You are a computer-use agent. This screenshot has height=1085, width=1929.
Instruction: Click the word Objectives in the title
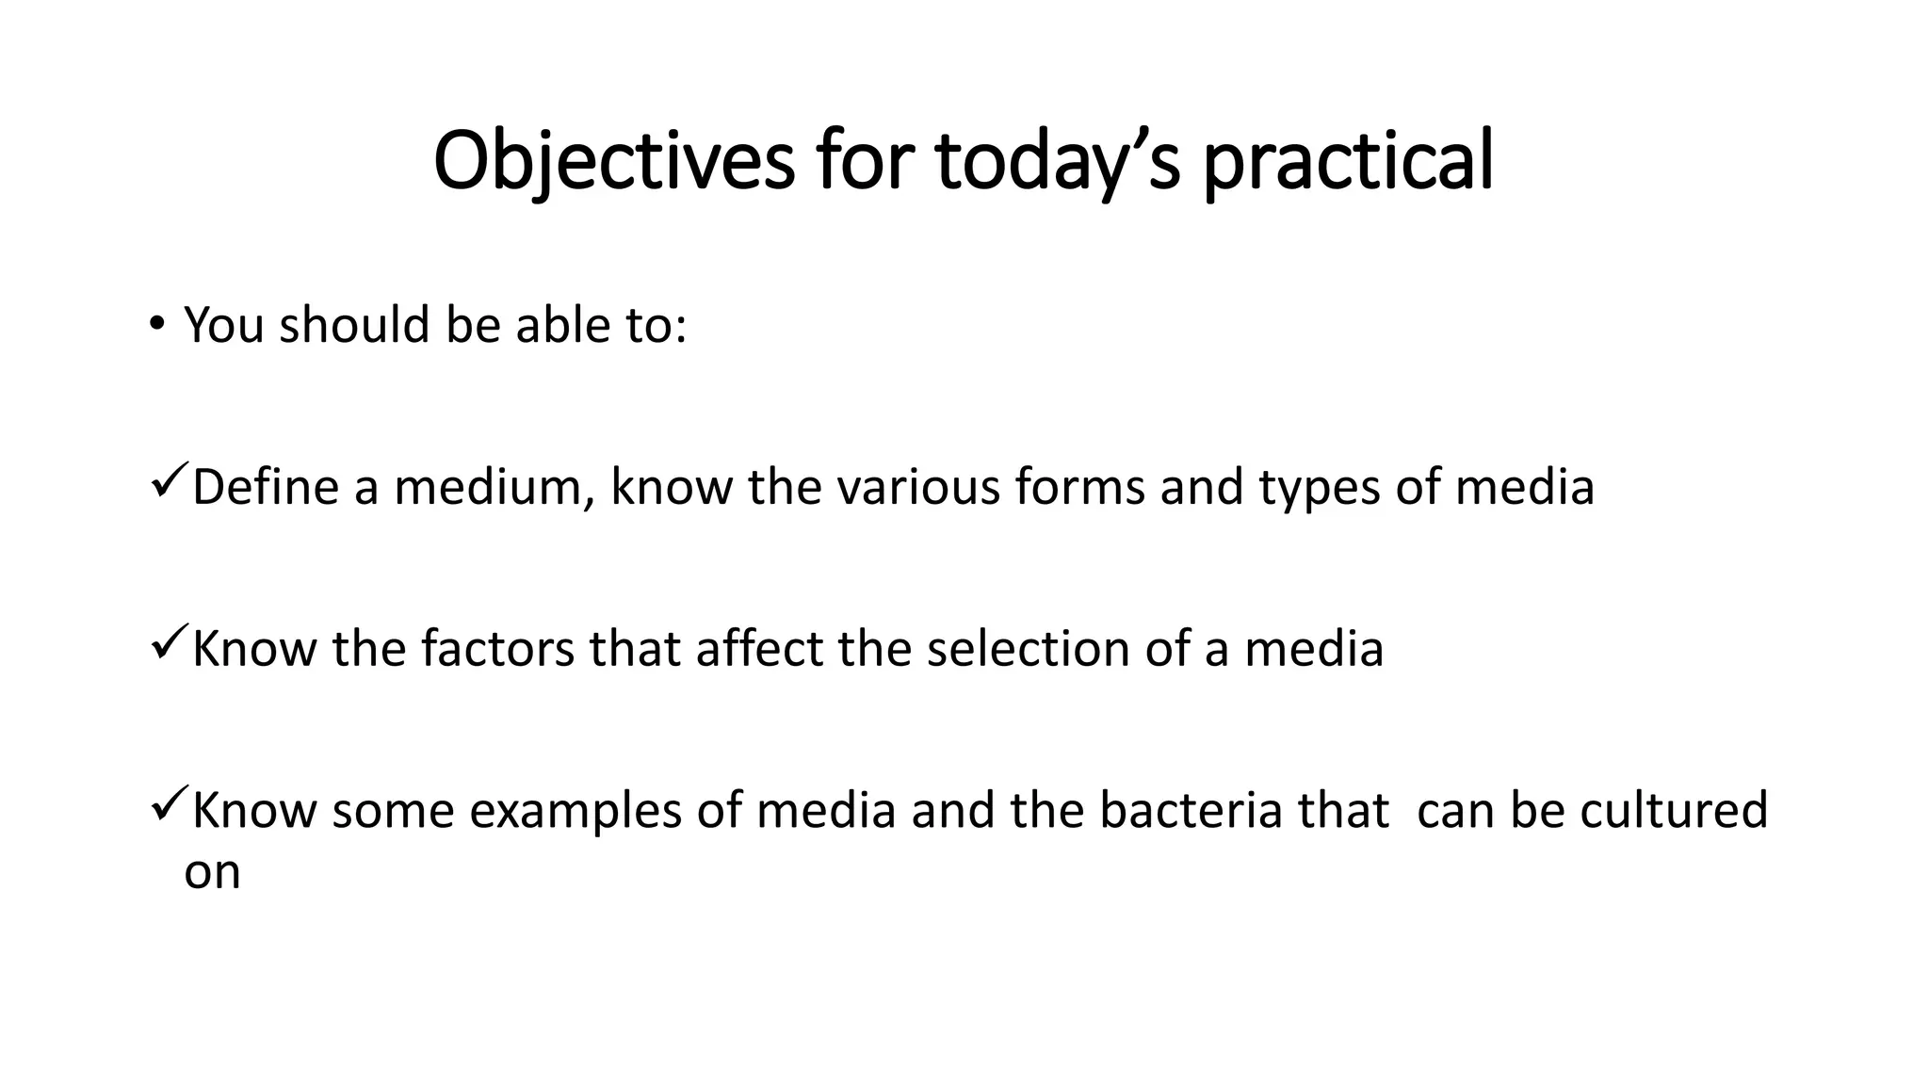tap(613, 161)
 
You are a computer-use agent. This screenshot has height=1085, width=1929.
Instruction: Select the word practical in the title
tap(1348, 161)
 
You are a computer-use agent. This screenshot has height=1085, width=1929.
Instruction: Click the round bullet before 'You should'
tap(156, 324)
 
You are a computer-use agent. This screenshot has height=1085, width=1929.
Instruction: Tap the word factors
tap(496, 650)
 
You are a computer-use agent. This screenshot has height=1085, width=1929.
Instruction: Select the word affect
tap(759, 650)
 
